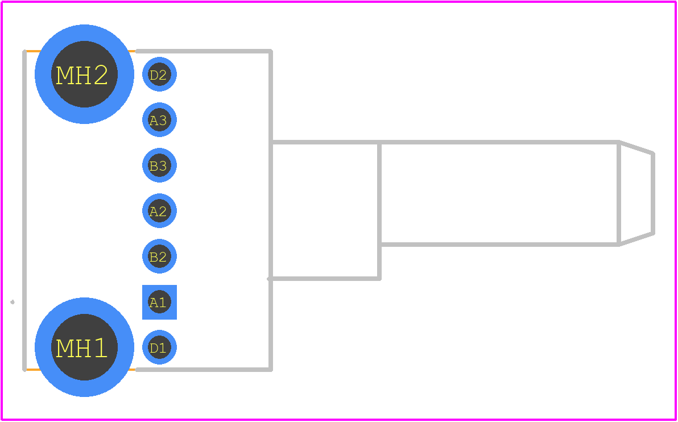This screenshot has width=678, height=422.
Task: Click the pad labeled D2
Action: [x=159, y=75]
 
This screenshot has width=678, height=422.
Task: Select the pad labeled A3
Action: [x=159, y=120]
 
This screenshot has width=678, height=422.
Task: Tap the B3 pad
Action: [x=159, y=165]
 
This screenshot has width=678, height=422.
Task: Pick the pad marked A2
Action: [x=159, y=210]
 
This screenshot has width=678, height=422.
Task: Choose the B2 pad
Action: [x=159, y=256]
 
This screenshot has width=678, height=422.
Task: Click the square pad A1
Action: [x=159, y=302]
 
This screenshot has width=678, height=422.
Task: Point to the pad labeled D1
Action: [x=159, y=347]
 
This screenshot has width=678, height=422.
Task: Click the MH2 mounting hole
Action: [x=84, y=74]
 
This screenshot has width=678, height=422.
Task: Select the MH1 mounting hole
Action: [x=84, y=347]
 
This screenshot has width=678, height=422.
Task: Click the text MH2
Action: [x=82, y=76]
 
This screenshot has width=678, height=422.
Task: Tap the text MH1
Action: [x=81, y=349]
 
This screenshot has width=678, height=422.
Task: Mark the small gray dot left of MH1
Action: [x=12, y=302]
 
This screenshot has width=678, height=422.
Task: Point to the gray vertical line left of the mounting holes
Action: [x=24, y=210]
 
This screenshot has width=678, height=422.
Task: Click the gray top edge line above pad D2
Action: [x=204, y=51]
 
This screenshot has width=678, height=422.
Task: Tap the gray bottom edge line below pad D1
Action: [x=204, y=370]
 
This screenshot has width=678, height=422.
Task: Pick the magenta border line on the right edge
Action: [x=676, y=211]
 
